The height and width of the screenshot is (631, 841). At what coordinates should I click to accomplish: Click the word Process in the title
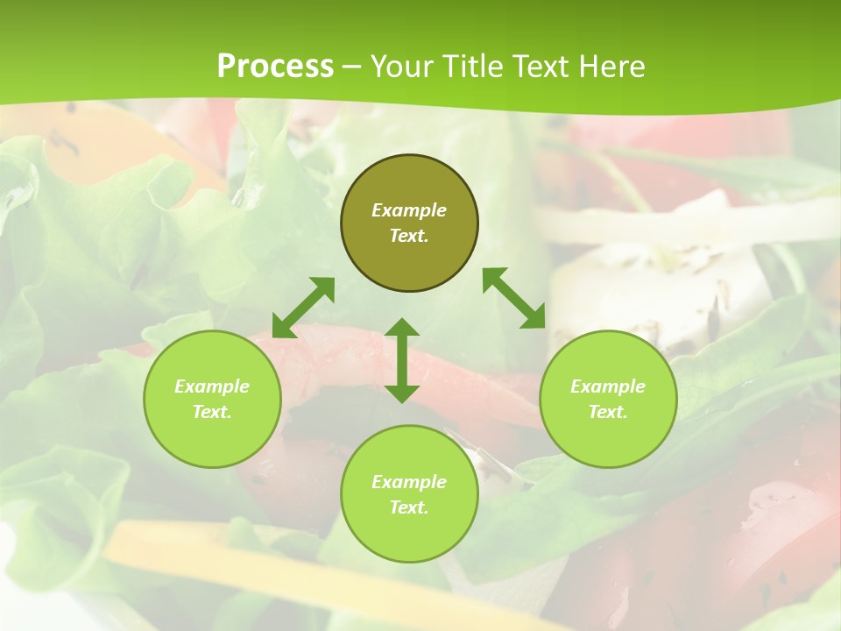point(275,67)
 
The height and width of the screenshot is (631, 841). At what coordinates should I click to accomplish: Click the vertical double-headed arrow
point(402,360)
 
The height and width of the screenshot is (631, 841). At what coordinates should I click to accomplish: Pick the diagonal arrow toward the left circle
point(303,308)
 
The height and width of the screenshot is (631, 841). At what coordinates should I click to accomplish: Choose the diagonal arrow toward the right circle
point(514,298)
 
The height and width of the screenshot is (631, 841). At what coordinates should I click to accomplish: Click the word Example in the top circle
point(409,210)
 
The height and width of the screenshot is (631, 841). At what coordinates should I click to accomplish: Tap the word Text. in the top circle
point(409,236)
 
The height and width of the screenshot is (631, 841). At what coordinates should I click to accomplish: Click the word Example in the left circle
point(212,386)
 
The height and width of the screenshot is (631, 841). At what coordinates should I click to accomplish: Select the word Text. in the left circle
point(212,412)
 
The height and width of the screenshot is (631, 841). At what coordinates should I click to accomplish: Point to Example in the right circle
point(608,386)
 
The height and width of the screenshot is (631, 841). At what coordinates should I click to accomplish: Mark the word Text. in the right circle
point(608,412)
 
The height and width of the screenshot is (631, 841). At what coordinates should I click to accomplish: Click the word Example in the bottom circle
point(409,482)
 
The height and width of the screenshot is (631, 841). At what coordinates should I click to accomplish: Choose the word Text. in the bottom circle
point(409,507)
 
